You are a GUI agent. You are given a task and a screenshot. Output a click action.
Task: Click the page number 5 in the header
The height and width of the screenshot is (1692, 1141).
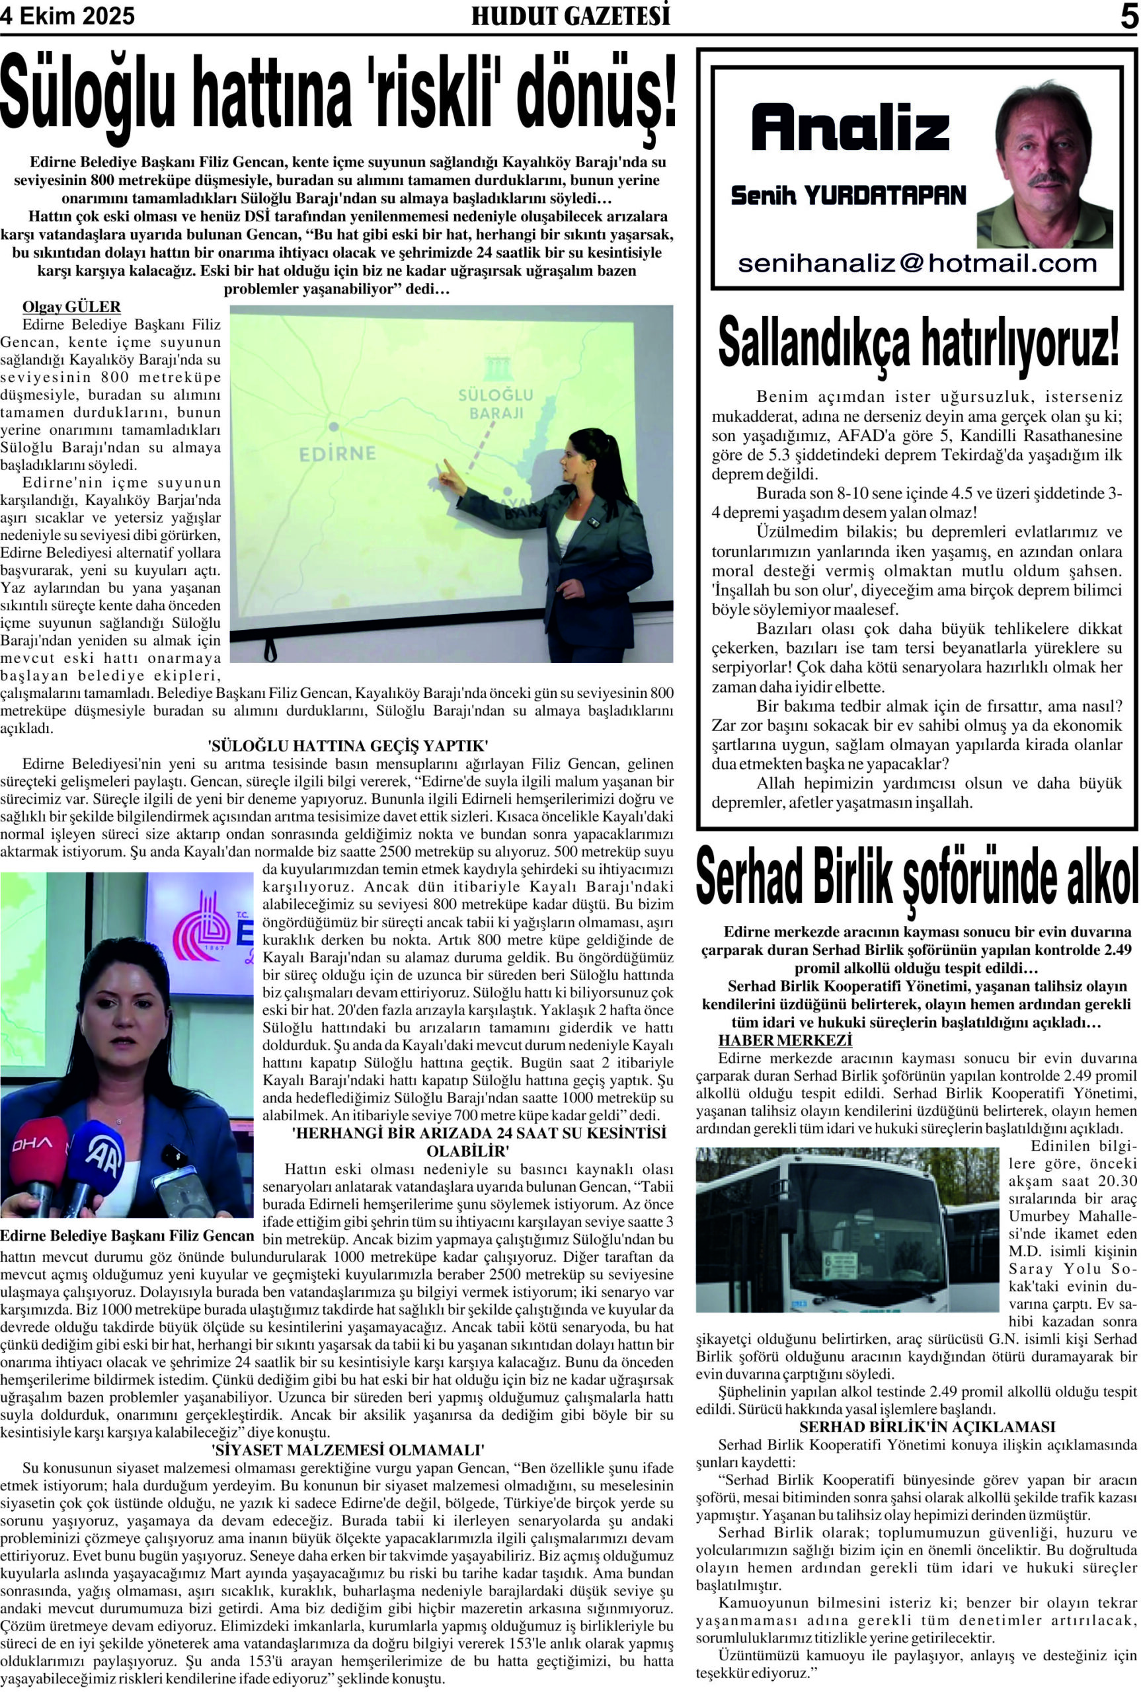pos(1128,16)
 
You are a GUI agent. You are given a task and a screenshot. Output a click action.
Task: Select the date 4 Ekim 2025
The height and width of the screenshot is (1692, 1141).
pos(67,16)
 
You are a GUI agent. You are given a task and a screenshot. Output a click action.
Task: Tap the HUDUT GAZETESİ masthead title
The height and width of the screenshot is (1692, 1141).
pos(570,16)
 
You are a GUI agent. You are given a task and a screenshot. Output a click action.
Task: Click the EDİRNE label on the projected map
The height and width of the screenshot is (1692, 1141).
pos(338,453)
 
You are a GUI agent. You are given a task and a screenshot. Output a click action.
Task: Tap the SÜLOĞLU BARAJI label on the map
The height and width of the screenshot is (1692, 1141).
pos(496,404)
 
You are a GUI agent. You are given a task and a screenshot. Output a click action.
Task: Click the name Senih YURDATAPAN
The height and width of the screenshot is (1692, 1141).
pos(847,195)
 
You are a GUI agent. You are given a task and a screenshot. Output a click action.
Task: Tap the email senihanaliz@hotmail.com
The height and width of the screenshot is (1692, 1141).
pos(917,263)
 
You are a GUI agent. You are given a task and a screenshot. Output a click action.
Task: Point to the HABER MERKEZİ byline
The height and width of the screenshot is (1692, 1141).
pos(785,1040)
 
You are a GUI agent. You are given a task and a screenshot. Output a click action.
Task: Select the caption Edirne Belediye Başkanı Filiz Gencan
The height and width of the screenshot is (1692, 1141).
pos(128,1235)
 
